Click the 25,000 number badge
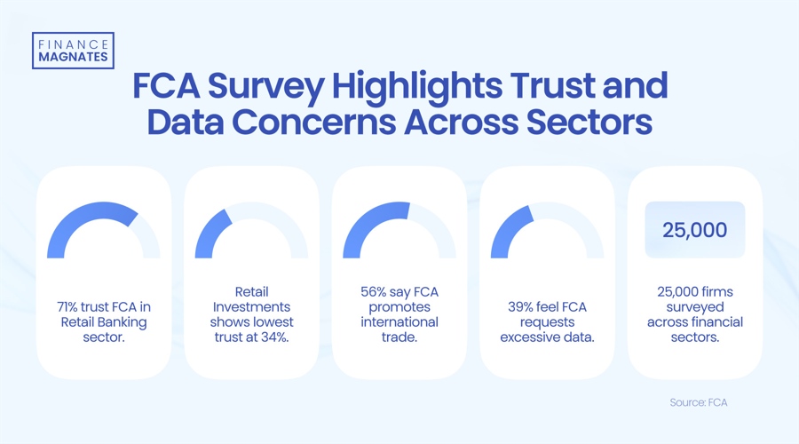695,230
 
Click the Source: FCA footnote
699,402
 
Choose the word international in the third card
399,321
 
